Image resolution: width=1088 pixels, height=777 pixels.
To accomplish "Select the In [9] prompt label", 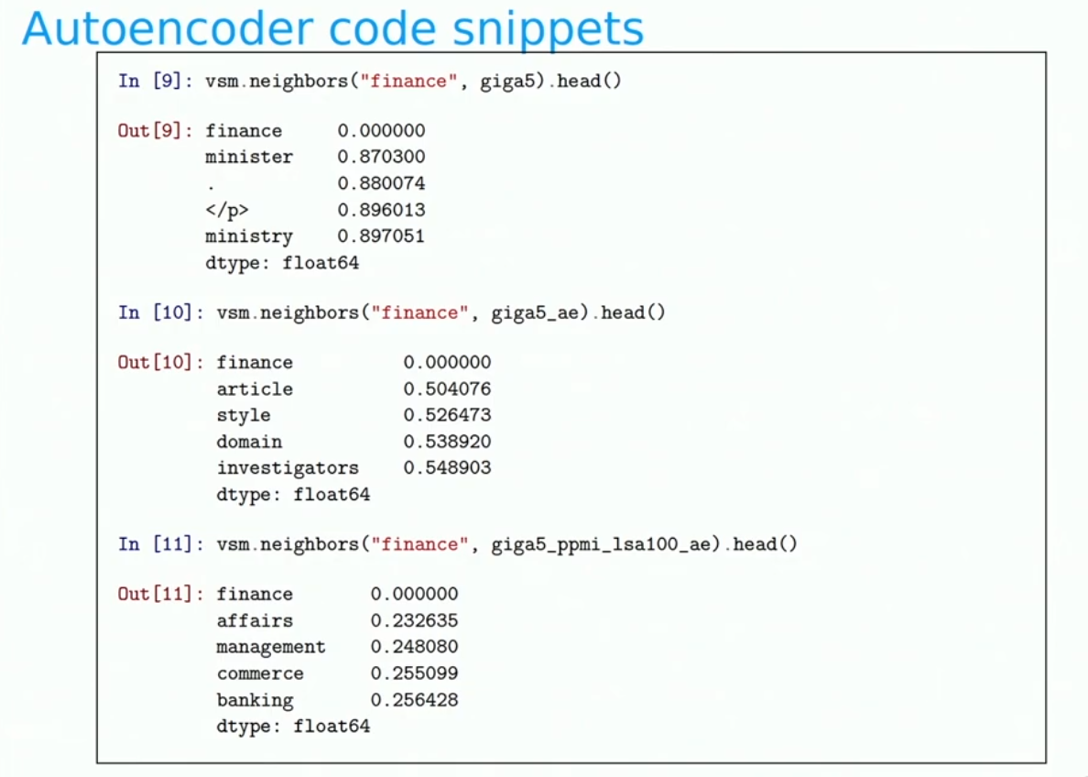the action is (155, 82).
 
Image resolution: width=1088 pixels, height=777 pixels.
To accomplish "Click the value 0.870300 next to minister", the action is (381, 157).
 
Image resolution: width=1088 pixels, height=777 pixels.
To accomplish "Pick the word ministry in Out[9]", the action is (248, 236).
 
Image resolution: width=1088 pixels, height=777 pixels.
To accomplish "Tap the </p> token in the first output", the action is (226, 210).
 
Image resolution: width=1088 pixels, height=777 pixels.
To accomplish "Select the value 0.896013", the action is (381, 210).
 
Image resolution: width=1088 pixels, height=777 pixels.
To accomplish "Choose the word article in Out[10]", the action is (254, 388).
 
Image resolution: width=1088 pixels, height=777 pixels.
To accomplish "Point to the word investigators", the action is (288, 469).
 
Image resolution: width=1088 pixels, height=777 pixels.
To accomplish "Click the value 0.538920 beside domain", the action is (447, 442).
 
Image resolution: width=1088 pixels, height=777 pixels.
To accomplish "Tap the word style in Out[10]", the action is (243, 415).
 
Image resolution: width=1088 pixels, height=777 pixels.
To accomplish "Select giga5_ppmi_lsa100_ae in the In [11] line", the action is (601, 544).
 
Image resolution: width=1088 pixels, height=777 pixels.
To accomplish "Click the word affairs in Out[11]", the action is (254, 620).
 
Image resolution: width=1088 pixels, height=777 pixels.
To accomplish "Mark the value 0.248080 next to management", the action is (414, 647).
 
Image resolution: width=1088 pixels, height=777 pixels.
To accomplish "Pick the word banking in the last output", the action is (255, 700).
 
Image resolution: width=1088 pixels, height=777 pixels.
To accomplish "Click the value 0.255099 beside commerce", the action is (414, 673).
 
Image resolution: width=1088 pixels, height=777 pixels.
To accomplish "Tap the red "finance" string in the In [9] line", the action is (408, 82).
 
